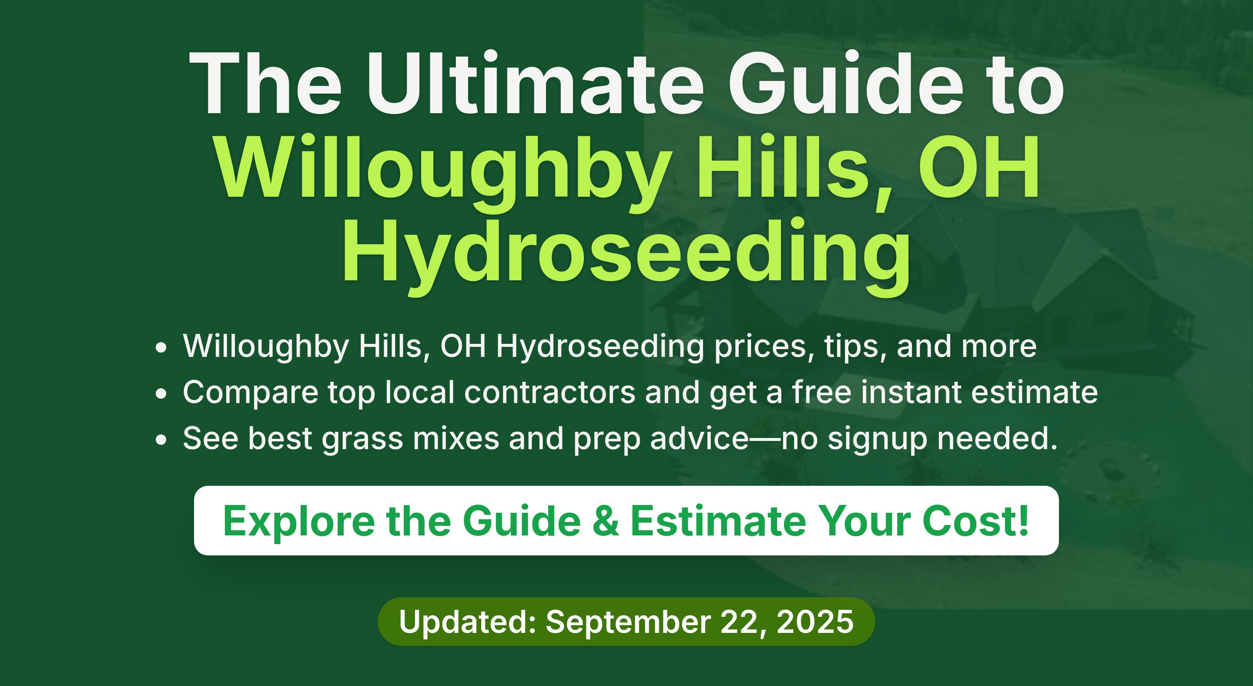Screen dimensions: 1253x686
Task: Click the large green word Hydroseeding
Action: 626,256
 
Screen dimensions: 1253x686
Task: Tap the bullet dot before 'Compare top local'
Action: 161,393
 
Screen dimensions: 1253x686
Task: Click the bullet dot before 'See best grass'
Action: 161,440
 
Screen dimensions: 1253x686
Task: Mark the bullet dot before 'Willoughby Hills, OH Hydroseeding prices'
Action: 161,347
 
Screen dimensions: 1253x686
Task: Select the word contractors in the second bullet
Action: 549,392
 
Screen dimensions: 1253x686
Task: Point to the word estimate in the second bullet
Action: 1035,392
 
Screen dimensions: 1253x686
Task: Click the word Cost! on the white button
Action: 976,521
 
